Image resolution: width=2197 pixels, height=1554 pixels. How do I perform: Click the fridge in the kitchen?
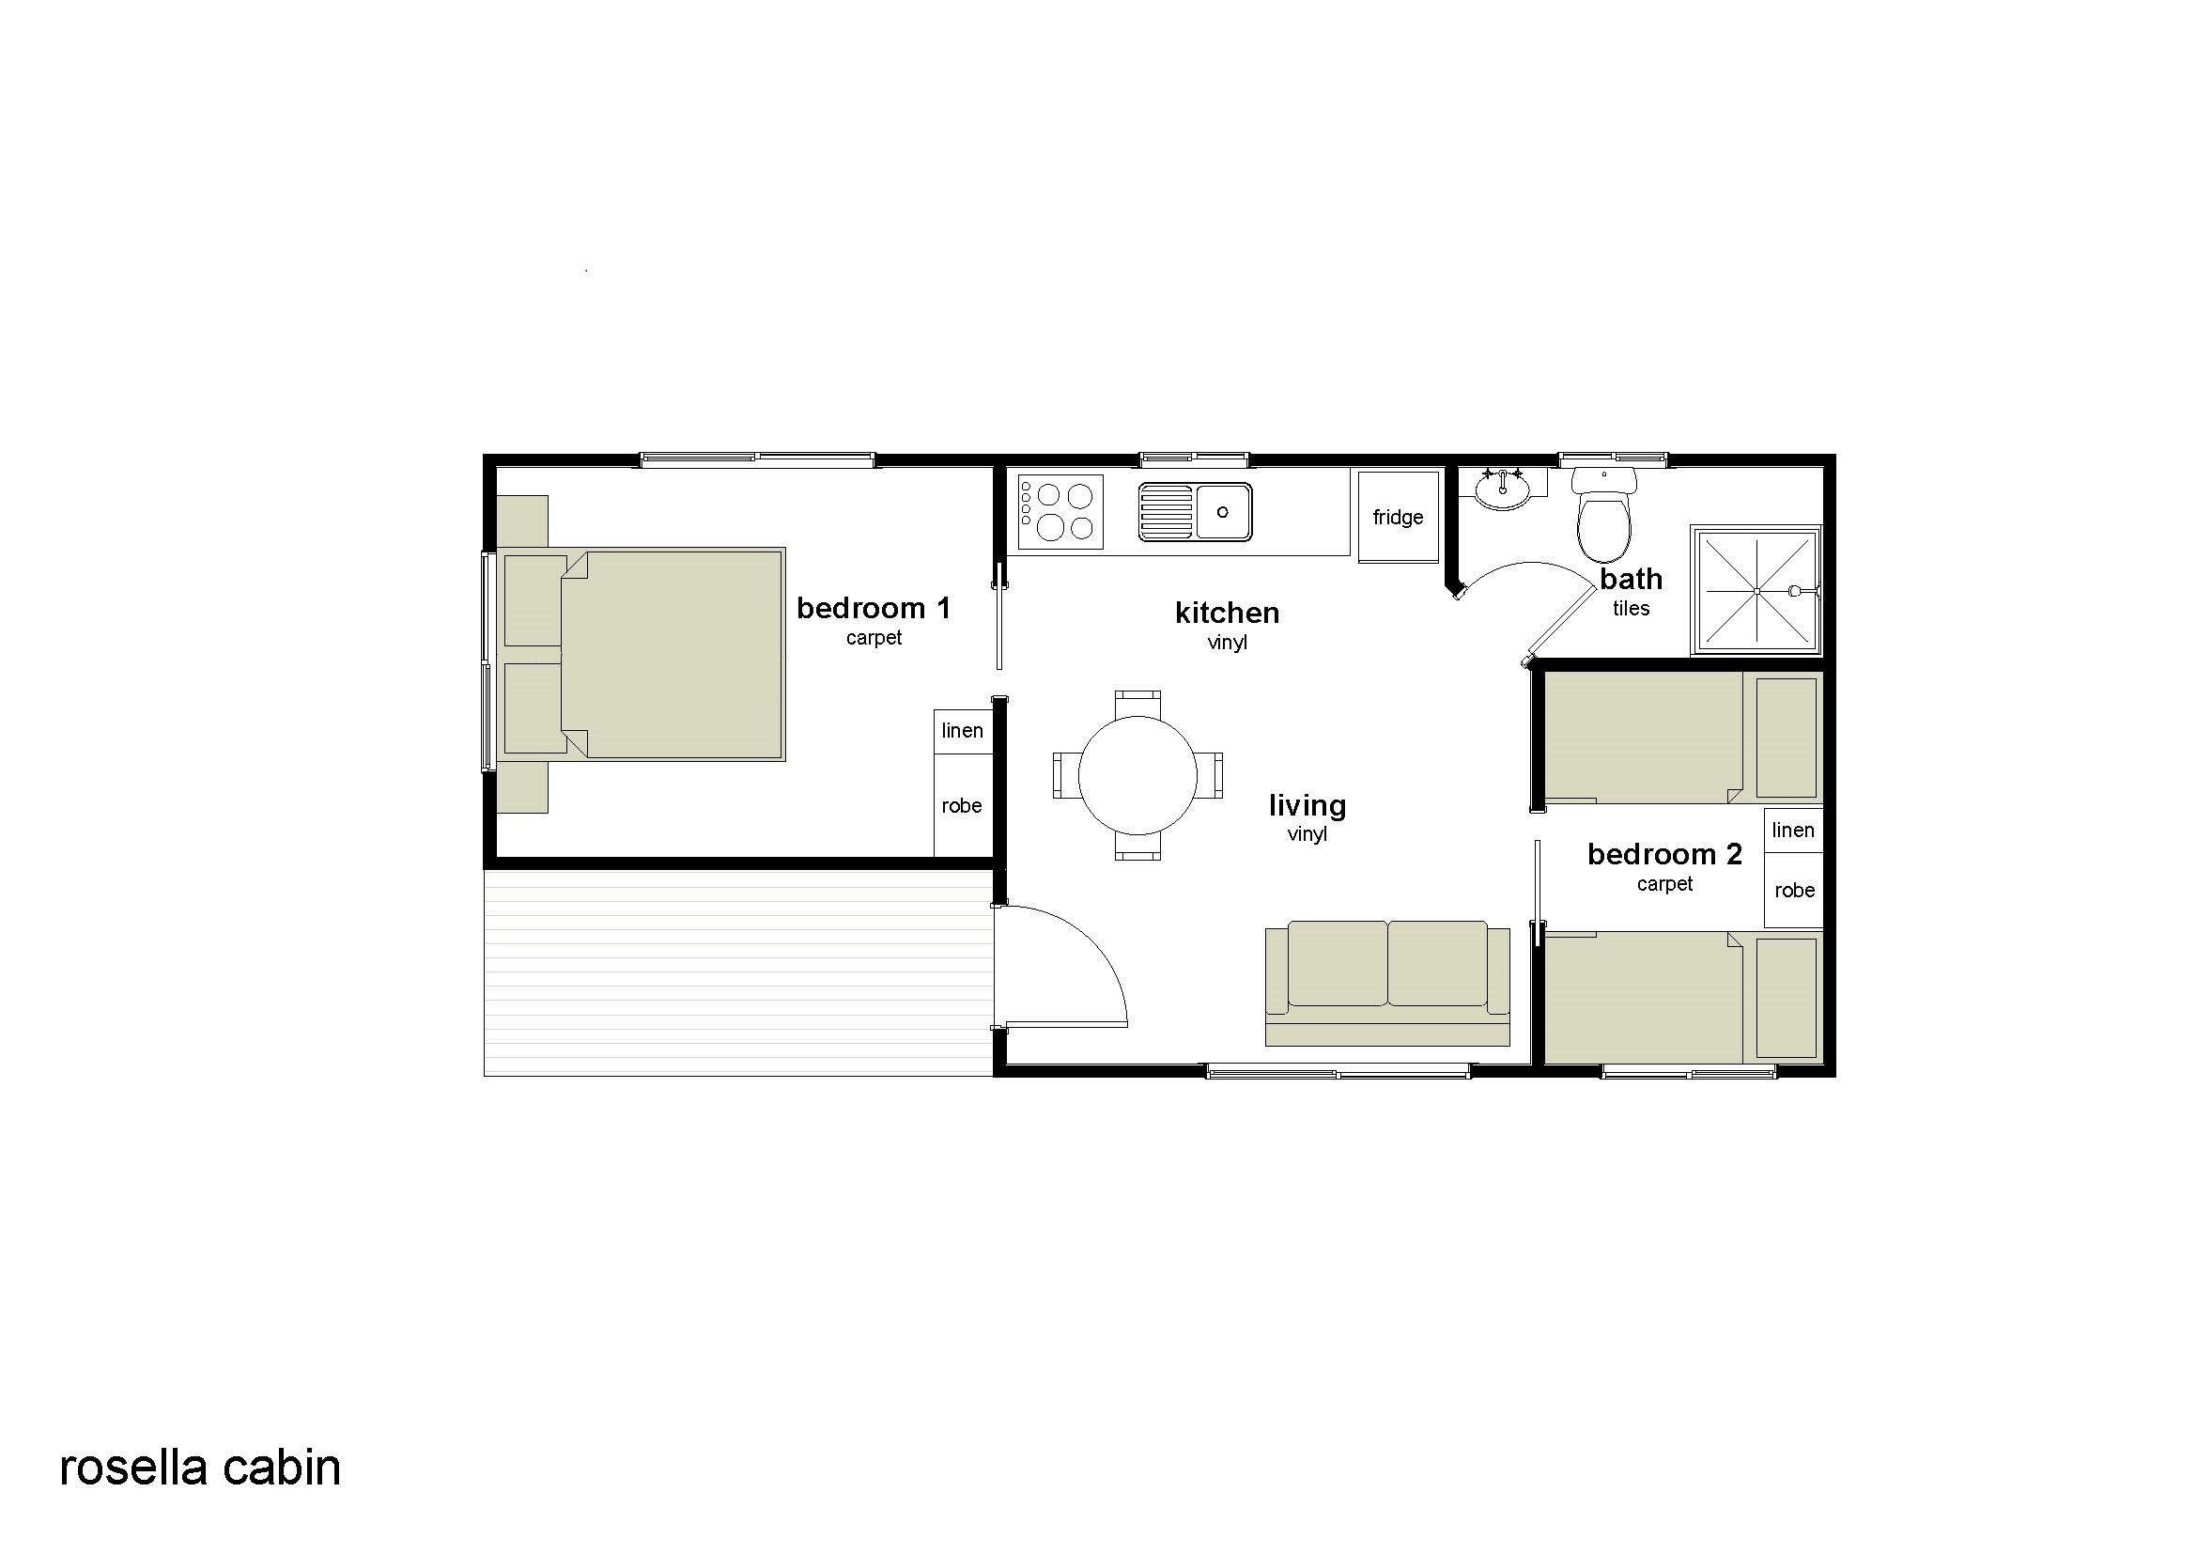click(x=1398, y=517)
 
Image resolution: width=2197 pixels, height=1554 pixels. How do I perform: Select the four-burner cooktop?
click(x=1060, y=512)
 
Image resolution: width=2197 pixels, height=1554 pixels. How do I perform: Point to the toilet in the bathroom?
click(x=1604, y=515)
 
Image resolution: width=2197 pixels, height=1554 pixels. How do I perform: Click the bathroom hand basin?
click(x=1502, y=489)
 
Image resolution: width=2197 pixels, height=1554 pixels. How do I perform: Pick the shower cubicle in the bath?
click(x=1756, y=590)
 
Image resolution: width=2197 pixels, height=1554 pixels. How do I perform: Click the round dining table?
click(x=1137, y=775)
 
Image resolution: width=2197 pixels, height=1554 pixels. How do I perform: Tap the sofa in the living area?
click(x=1387, y=983)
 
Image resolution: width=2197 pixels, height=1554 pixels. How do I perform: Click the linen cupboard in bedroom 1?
click(x=963, y=731)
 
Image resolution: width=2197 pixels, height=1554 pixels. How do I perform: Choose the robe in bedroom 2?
click(x=1794, y=891)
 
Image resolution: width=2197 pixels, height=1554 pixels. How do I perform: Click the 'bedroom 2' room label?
click(x=1665, y=853)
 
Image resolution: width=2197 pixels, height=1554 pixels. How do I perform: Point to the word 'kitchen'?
click(x=1228, y=613)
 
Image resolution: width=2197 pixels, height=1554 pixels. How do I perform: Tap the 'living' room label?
click(x=1307, y=806)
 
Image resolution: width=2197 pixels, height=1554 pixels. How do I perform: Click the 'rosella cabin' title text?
click(x=200, y=1468)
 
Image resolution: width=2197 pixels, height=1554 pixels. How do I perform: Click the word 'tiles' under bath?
click(x=1632, y=609)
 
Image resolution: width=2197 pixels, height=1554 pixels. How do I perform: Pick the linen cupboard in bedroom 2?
click(x=1793, y=831)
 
